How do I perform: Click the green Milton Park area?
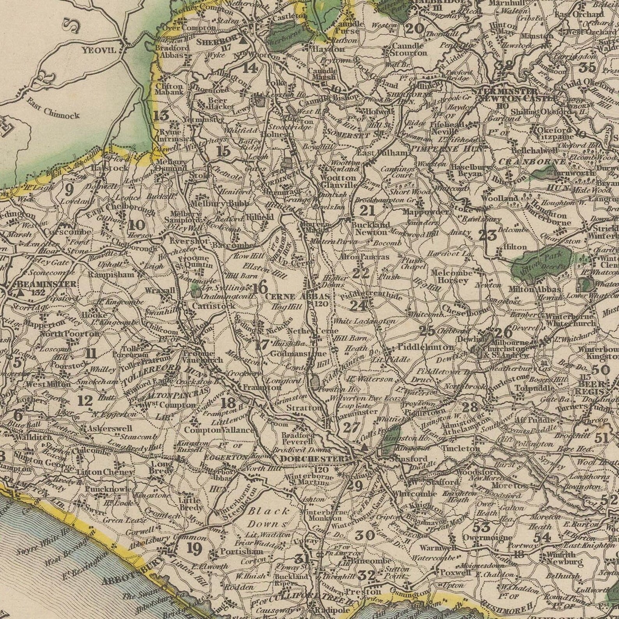[x=542, y=262]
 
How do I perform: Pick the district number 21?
[x=367, y=211]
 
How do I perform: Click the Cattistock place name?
[x=214, y=306]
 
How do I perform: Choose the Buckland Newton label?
[x=370, y=228]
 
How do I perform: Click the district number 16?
[x=260, y=288]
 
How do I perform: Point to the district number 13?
[x=161, y=115]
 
